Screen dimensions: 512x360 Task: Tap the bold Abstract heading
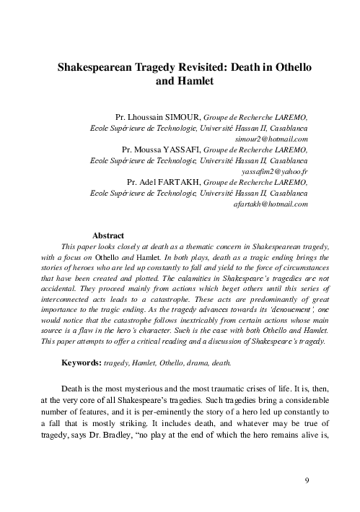(x=108, y=235)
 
